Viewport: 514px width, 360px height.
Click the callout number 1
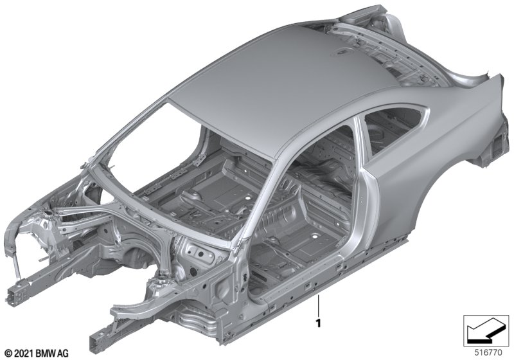click(x=318, y=323)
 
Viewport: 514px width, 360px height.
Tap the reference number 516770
click(x=488, y=353)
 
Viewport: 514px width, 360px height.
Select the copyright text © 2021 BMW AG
click(x=37, y=353)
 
